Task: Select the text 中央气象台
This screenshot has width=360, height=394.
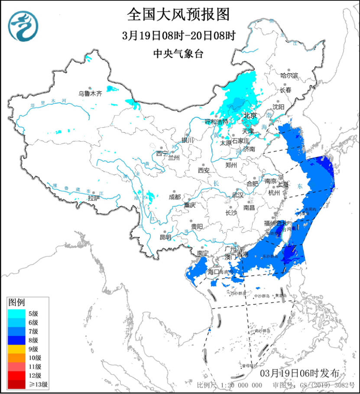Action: click(178, 54)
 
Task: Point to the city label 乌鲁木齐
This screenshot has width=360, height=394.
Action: click(90, 93)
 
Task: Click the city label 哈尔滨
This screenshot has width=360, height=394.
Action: click(289, 75)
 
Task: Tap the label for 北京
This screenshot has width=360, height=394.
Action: click(250, 116)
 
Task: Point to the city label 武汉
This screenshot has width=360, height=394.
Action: click(238, 195)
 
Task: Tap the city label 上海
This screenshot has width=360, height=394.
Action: click(284, 184)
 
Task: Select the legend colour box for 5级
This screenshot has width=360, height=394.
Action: click(16, 313)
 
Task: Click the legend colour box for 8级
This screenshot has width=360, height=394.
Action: click(16, 340)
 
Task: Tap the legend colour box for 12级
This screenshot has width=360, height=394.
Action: click(16, 375)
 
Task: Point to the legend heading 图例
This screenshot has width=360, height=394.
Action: click(16, 301)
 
